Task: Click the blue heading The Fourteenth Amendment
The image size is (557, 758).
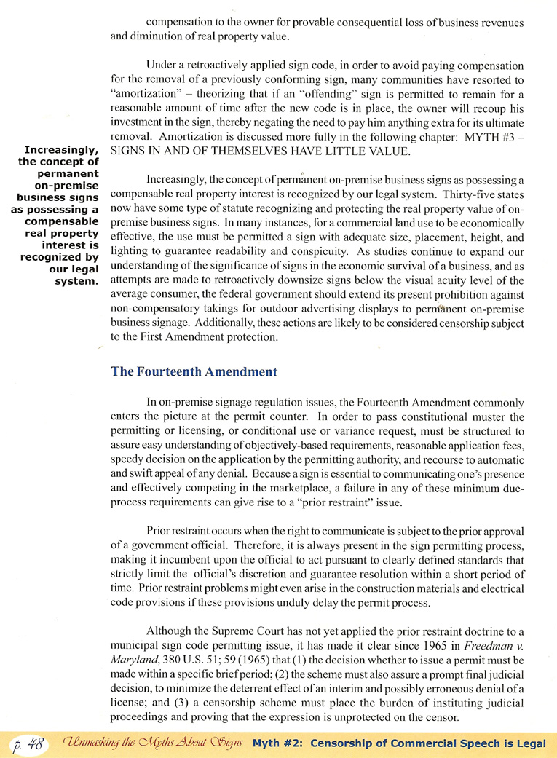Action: coord(194,371)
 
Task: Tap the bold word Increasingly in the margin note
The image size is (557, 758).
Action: coord(61,150)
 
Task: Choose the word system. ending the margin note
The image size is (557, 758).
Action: coord(76,280)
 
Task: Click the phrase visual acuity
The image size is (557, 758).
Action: coord(447,280)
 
